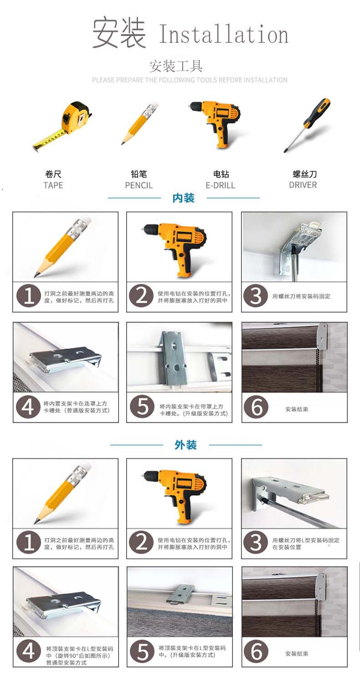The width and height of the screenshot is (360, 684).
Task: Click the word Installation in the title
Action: point(223,35)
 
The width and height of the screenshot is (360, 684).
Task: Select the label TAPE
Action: point(53,185)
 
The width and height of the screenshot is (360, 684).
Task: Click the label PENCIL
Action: point(139,185)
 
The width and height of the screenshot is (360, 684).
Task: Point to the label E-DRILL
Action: point(221,185)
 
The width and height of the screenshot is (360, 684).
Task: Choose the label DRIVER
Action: point(303,185)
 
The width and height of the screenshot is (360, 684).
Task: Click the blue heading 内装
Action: point(184,198)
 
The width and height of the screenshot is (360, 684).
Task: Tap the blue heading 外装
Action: point(185,445)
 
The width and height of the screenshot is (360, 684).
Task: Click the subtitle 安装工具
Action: point(176,67)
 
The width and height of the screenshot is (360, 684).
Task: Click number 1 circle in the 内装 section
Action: point(29,296)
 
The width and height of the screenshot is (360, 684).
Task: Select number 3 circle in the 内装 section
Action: point(256,296)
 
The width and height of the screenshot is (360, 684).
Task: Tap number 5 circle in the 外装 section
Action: point(142,652)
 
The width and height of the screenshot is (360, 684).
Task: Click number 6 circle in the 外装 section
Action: point(256,652)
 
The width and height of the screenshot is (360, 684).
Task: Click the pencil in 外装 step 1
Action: point(64,492)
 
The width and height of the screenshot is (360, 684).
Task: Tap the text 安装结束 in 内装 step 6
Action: point(297,409)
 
